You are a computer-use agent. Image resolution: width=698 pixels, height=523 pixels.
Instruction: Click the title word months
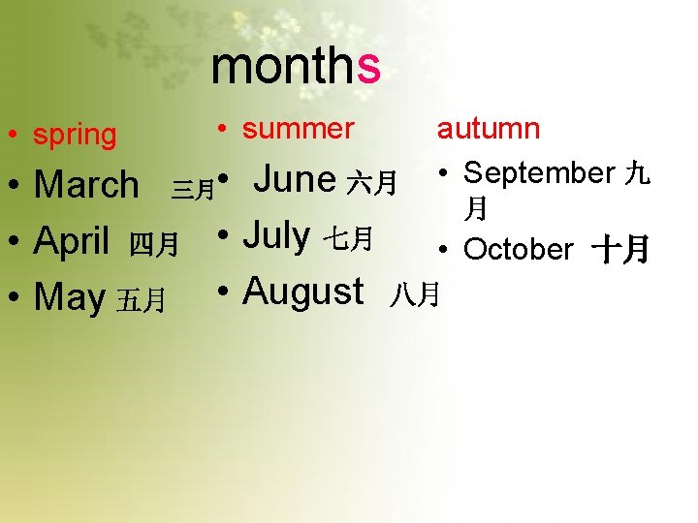[296, 67]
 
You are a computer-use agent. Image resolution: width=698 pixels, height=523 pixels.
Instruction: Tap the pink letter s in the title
[368, 68]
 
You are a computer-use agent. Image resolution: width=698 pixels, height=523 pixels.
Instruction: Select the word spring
[75, 136]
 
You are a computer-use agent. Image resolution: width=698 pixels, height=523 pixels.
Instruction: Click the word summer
[299, 129]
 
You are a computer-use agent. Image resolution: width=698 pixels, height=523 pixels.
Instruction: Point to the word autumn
[489, 129]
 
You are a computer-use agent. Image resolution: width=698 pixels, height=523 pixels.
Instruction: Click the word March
[86, 184]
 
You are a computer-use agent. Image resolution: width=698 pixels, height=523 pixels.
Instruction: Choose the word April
[72, 242]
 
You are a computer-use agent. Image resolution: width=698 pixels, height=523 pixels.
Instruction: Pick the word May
[69, 298]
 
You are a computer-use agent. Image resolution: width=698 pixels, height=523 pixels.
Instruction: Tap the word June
[295, 179]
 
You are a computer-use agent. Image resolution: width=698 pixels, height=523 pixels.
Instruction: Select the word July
[276, 234]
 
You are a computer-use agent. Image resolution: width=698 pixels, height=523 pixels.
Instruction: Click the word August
[302, 290]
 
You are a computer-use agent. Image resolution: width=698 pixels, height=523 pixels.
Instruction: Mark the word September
[539, 173]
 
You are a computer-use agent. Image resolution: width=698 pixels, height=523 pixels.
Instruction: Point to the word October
[519, 249]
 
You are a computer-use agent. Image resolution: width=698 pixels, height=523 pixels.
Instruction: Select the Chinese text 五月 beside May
[141, 302]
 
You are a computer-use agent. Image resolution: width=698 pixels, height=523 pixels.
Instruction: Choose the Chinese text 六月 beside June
[372, 182]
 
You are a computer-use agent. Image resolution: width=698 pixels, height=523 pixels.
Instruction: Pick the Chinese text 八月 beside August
[415, 293]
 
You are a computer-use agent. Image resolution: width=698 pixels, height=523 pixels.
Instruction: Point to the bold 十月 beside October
[621, 251]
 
